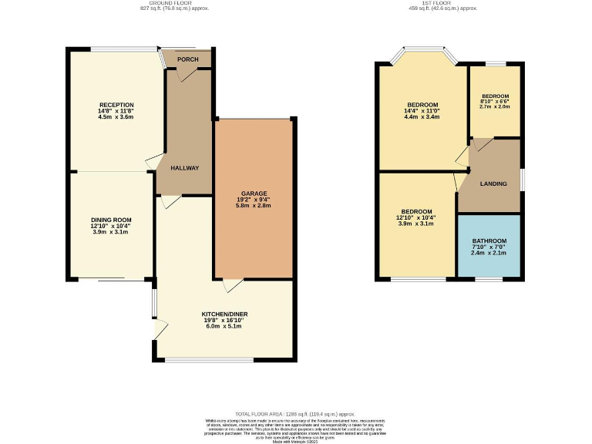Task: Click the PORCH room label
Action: tap(187, 59)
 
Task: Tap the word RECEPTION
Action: tap(116, 105)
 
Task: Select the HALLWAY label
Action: tap(185, 168)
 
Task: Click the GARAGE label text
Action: tap(254, 193)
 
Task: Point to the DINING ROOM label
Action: tap(112, 220)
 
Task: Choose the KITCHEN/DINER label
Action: tap(224, 314)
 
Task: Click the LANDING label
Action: tap(493, 183)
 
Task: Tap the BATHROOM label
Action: tap(489, 240)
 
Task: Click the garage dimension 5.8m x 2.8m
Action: tap(254, 206)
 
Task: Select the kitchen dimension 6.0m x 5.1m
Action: tap(224, 326)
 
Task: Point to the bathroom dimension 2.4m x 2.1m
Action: tap(489, 253)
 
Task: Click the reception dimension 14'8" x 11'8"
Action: tap(116, 111)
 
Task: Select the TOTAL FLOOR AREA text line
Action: tap(295, 414)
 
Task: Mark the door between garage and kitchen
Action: tap(230, 286)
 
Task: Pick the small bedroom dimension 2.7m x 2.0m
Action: tap(495, 107)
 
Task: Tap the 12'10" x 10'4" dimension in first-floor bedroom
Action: tap(416, 217)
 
